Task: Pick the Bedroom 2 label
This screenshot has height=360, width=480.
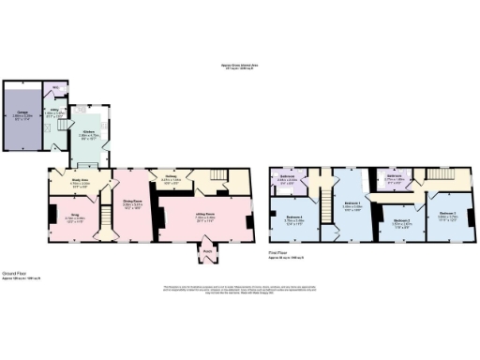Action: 401,221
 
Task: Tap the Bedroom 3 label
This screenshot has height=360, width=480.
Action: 446,214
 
